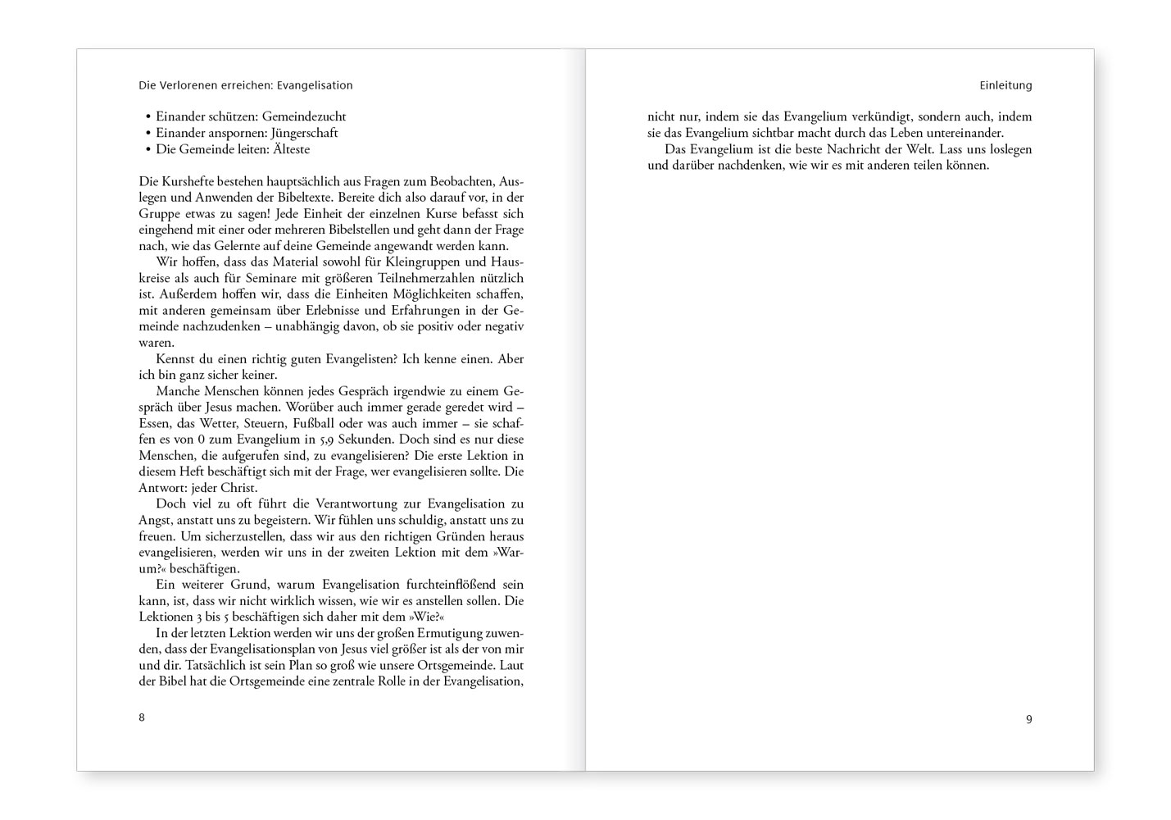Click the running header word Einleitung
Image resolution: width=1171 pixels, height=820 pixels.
pos(1005,85)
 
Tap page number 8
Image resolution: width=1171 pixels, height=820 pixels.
pos(142,717)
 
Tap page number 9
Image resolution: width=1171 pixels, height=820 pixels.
pos(1028,719)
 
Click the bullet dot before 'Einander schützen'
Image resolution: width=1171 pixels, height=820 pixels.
pos(148,117)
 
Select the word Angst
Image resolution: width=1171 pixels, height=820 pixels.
pos(153,520)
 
